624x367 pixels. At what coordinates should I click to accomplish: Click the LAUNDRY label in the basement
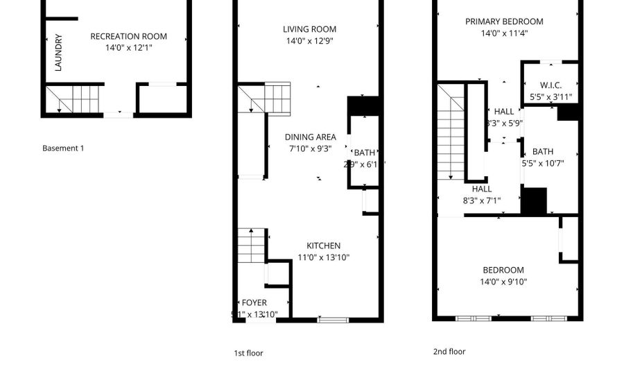coord(59,53)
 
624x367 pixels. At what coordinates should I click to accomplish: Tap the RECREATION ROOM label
coord(129,37)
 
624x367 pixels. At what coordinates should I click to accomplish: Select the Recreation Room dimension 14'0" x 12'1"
coord(129,48)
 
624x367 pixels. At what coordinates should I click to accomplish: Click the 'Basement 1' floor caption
coord(63,148)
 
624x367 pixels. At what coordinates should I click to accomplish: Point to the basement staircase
coord(74,99)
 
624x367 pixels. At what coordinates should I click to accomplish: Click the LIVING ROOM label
coord(309,29)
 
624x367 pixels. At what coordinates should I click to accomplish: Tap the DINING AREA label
coord(310,137)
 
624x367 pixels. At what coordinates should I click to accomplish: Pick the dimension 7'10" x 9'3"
coord(310,148)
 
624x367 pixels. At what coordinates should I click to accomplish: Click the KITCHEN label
coord(324,246)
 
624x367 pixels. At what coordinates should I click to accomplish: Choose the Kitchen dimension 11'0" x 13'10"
coord(324,257)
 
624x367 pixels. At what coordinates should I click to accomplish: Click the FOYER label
coord(254,303)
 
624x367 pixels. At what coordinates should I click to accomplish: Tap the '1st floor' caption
coord(248,353)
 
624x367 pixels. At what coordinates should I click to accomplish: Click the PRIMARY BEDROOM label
coord(504,22)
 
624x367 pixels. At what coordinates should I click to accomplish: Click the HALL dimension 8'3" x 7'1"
coord(482,200)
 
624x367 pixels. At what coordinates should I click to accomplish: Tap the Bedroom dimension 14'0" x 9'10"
coord(504,282)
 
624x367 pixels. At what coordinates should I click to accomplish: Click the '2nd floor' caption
coord(449,352)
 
